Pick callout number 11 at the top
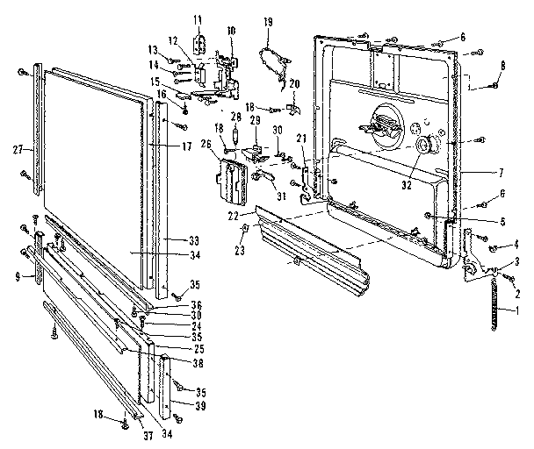(x=197, y=18)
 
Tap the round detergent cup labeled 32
(x=427, y=146)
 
